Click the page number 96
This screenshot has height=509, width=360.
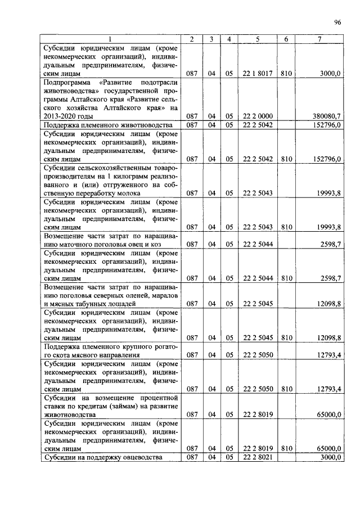(337, 22)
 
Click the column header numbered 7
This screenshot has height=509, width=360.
(319, 39)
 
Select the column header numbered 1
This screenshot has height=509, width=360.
(110, 39)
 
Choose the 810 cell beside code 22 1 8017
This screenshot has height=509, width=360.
(286, 73)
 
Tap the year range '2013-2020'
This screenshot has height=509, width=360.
(60, 116)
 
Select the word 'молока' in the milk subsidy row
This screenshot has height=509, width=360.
(129, 193)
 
